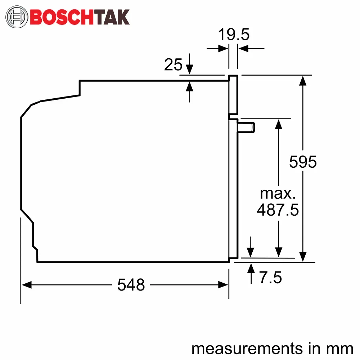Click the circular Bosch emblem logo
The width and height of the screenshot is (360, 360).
(x=17, y=17)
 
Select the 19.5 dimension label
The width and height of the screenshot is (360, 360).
(x=234, y=35)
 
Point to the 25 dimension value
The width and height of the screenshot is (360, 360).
(x=173, y=64)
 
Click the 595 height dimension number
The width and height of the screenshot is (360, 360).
(x=303, y=162)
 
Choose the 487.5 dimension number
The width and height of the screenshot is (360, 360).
(x=278, y=210)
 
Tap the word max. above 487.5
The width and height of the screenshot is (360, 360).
(x=278, y=194)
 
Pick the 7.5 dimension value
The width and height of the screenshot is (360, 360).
(x=270, y=277)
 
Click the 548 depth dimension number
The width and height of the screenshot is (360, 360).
(x=131, y=285)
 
